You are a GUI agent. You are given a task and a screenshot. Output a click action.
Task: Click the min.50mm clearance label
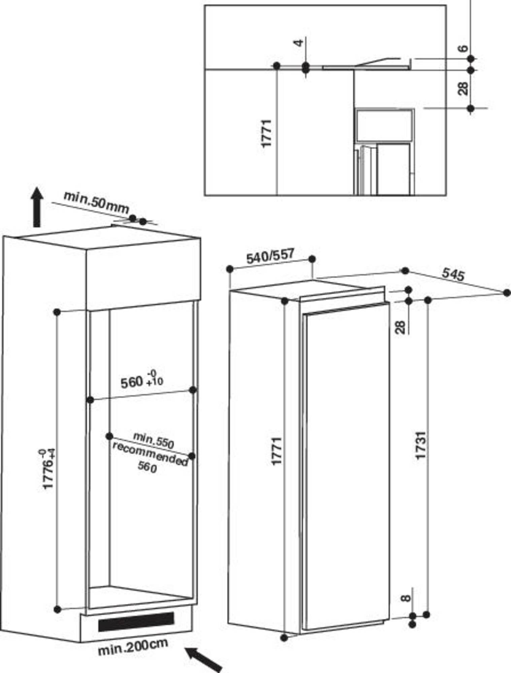coord(96,202)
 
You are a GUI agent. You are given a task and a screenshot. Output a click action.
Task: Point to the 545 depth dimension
coord(453,274)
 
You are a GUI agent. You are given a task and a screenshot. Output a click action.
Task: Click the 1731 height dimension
coord(420,445)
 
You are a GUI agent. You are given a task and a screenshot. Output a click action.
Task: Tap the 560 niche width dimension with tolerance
coord(142,379)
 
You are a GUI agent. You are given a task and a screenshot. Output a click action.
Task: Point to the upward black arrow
coord(37,207)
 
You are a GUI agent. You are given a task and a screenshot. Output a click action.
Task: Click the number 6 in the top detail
coord(464,48)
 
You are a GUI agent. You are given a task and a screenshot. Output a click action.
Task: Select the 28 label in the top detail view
coord(464,88)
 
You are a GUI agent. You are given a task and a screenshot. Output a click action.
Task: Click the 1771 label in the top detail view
coord(266,133)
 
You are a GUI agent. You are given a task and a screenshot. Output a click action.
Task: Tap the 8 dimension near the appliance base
coord(407,598)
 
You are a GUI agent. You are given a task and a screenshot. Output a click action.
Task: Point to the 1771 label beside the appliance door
coord(277,451)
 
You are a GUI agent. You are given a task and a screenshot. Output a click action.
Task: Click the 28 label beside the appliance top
coord(400,327)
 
